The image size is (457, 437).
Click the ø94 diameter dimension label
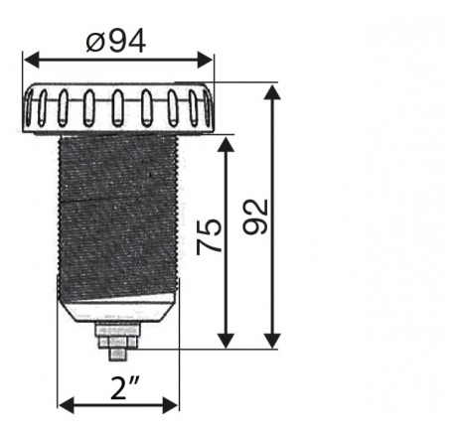(116, 42)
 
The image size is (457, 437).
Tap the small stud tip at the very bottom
(117, 361)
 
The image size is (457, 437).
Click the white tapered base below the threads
(118, 313)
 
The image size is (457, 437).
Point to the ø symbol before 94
(94, 42)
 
